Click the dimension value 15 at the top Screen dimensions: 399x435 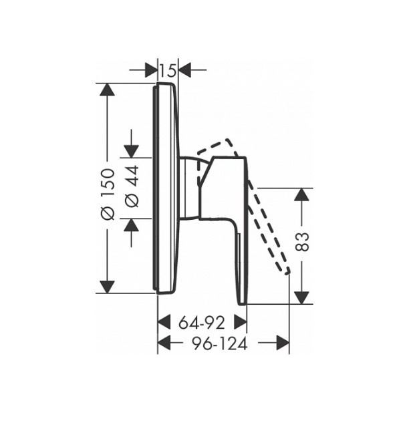pyautogui.click(x=168, y=70)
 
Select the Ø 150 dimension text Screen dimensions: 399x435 pyautogui.click(x=108, y=194)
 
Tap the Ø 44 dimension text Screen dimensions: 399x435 pyautogui.click(x=132, y=186)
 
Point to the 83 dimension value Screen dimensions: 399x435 pyautogui.click(x=302, y=242)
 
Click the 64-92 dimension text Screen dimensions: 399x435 pyautogui.click(x=201, y=323)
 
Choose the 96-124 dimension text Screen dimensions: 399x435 pyautogui.click(x=220, y=344)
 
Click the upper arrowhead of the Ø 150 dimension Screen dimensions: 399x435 pyautogui.click(x=107, y=90)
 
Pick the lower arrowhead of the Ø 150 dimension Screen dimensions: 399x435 pyautogui.click(x=107, y=287)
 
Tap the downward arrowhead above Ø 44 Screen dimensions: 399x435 pyautogui.click(x=131, y=152)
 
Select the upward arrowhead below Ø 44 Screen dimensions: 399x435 pyautogui.click(x=131, y=225)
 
